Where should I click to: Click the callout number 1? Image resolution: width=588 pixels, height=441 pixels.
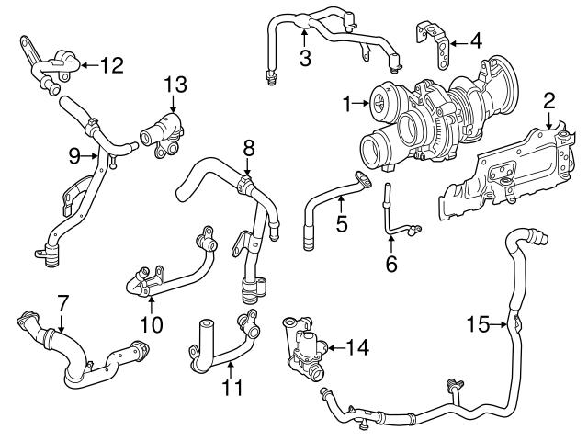[347, 105]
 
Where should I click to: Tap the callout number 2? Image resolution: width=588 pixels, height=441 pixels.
[548, 99]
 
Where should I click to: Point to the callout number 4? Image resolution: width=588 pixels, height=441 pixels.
[474, 40]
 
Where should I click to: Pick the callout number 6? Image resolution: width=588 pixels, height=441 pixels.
[391, 263]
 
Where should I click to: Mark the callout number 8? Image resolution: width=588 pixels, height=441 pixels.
[247, 146]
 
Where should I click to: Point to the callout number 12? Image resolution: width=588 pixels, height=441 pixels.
[111, 64]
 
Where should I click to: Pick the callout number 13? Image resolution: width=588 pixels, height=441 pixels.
[175, 85]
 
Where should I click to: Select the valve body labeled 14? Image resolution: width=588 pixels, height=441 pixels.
[309, 349]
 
